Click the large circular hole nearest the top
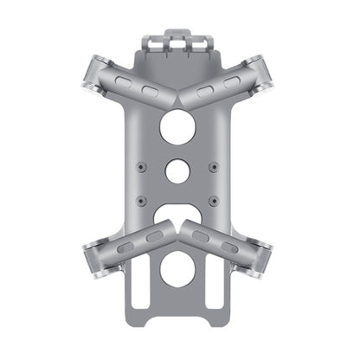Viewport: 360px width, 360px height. pos(179,127)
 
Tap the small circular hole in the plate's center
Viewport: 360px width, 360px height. pos(179,170)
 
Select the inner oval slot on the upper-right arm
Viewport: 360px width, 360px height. pos(206,92)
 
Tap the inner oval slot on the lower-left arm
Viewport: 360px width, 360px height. pos(153,235)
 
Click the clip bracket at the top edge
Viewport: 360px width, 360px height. pos(179,41)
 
